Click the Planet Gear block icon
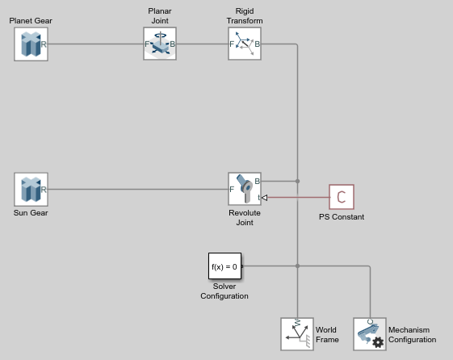click(31, 44)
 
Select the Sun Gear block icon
click(31, 190)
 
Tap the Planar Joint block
click(160, 44)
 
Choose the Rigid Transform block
click(245, 44)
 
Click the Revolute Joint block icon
click(245, 189)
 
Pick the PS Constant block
click(342, 197)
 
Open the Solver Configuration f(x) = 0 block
click(224, 266)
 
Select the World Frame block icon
click(297, 334)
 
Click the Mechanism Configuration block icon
click(370, 334)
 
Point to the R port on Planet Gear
click(44, 44)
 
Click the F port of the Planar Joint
click(147, 44)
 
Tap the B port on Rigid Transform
click(257, 44)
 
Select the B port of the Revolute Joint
click(257, 181)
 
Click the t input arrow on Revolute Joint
click(264, 198)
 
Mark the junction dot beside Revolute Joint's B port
click(298, 181)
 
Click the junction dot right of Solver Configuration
click(298, 266)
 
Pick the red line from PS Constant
click(299, 198)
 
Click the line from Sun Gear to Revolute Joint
click(138, 190)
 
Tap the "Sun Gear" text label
click(31, 213)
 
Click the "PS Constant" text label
click(342, 217)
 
